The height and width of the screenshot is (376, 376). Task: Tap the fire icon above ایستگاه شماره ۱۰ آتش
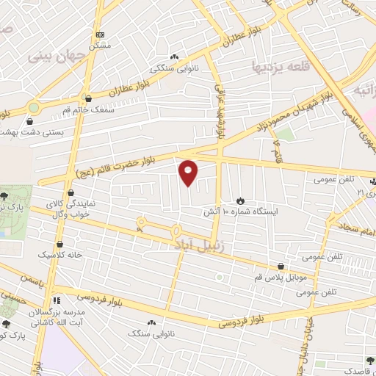click(x=241, y=200)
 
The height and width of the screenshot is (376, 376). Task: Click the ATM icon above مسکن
click(x=100, y=35)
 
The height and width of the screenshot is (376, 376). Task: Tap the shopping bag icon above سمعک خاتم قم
click(x=89, y=98)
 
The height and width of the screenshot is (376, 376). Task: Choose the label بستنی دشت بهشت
click(x=32, y=132)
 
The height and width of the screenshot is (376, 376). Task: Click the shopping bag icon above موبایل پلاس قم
click(x=281, y=267)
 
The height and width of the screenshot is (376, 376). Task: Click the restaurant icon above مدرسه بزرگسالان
click(x=57, y=301)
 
